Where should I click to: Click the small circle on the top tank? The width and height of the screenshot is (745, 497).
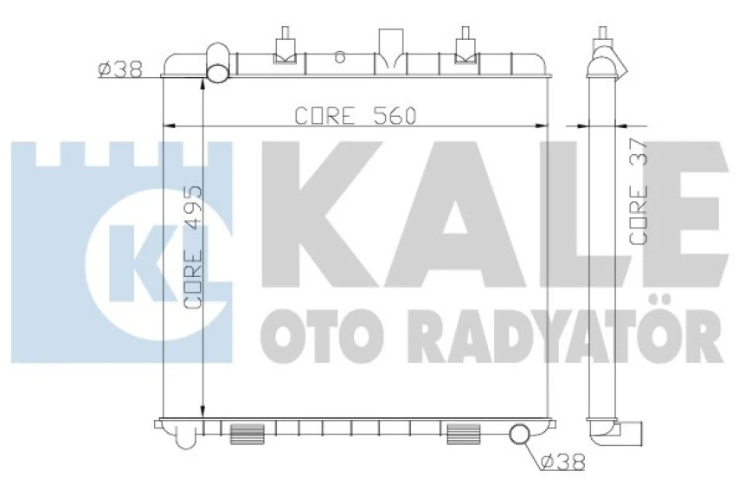pyautogui.click(x=340, y=60)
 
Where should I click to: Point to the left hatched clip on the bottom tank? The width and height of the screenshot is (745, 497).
pyautogui.click(x=246, y=433)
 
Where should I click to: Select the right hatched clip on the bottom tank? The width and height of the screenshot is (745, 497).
pyautogui.click(x=463, y=433)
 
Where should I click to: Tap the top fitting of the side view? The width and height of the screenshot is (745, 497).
pyautogui.click(x=603, y=48)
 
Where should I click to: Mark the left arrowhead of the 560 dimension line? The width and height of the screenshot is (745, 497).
pyautogui.click(x=170, y=126)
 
